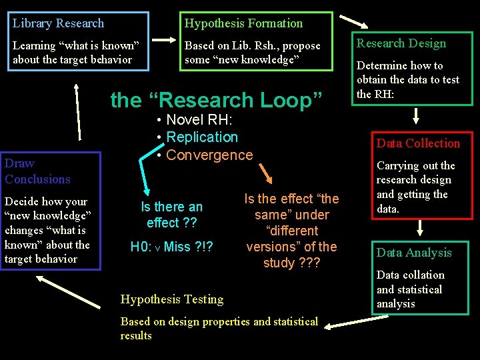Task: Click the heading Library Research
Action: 59,23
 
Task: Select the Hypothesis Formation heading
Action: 243,23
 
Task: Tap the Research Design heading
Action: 401,43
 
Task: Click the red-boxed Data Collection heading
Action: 418,143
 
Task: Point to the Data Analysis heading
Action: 414,253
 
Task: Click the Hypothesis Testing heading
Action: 172,299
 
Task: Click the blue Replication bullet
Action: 201,137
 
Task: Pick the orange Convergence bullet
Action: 209,155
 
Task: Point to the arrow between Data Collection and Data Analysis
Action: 417,229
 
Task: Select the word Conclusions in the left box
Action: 37,179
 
